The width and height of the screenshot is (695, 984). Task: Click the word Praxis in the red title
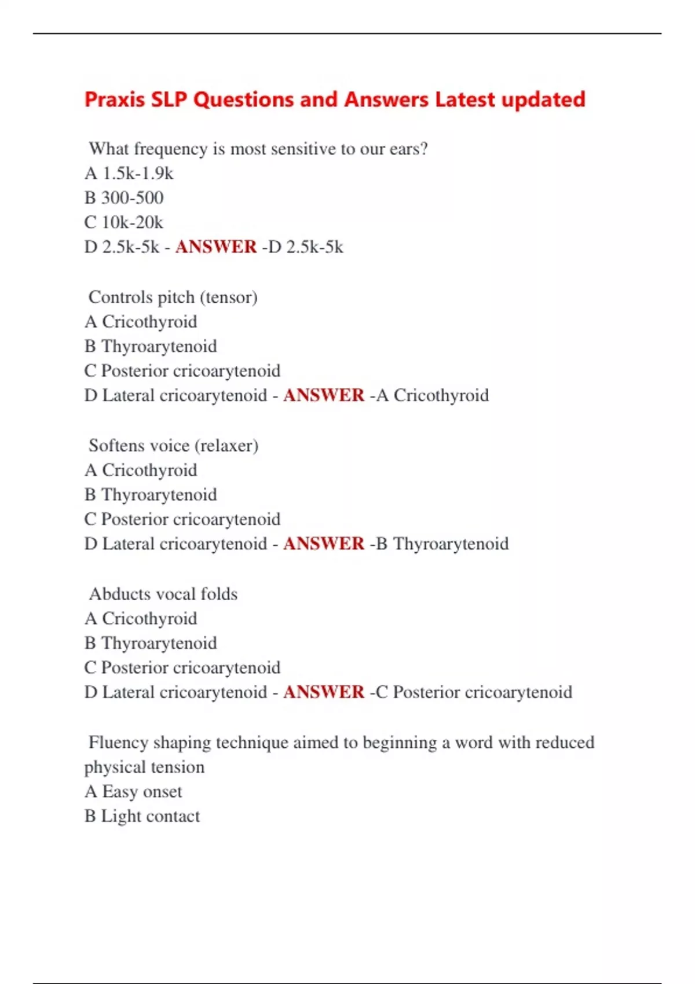point(115,100)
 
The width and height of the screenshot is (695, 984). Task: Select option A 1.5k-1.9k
point(129,173)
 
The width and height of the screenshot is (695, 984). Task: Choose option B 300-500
point(124,198)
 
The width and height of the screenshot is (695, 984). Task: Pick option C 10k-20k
point(123,222)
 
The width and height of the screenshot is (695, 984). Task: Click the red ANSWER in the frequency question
point(216,247)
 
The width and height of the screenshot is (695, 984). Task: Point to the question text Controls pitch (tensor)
point(173,297)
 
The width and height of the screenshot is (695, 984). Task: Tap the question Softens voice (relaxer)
point(173,446)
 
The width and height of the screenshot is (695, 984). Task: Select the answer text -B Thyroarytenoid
point(439,544)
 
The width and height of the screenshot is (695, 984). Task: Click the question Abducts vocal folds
point(163,594)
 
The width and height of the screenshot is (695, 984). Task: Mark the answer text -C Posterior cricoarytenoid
point(471,692)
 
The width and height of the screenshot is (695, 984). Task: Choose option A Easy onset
point(133,791)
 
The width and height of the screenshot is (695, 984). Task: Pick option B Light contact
point(142,816)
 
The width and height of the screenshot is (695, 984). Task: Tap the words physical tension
point(144,767)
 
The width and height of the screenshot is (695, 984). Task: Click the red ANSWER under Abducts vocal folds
point(324,692)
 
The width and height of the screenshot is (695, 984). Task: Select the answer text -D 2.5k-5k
point(302,247)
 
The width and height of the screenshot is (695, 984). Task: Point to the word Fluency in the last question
point(118,743)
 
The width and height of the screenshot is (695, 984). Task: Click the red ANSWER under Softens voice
point(324,544)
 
